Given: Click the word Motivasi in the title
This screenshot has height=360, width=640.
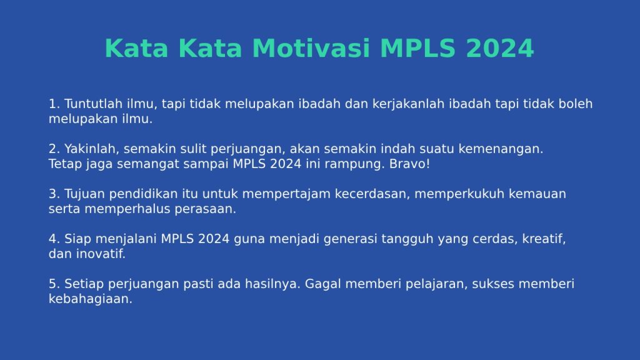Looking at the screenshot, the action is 311,48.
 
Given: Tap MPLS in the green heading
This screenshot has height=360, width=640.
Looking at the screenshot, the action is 417,48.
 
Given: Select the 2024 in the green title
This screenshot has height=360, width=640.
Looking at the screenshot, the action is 499,48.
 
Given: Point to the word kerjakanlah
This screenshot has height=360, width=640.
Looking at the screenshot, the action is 408,104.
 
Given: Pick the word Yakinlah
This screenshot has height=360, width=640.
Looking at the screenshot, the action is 91,149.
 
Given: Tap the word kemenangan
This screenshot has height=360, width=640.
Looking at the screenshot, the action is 501,149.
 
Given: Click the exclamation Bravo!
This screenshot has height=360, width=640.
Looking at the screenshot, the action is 409,164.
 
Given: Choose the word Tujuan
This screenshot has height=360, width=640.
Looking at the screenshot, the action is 84,194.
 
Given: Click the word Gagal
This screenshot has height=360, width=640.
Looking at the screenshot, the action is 323,284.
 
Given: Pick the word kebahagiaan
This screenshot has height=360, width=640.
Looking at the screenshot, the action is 91,299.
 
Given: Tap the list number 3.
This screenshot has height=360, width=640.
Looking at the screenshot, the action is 54,194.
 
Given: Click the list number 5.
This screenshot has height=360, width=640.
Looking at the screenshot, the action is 54,284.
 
